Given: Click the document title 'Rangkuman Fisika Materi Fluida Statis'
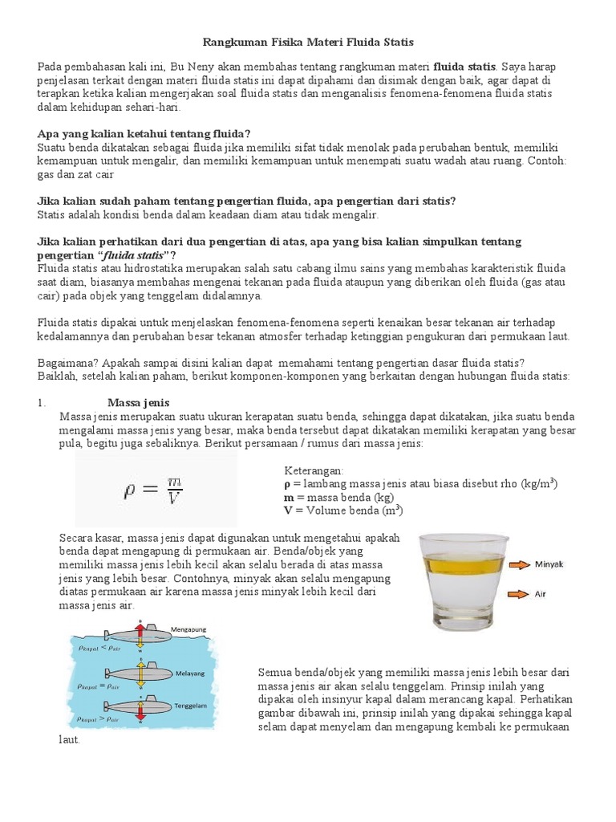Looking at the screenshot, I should (x=307, y=41).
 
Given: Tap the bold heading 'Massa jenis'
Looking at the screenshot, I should (x=138, y=402).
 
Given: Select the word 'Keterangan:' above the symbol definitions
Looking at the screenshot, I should (x=314, y=470).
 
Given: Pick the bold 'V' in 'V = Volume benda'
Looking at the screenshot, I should (x=289, y=511).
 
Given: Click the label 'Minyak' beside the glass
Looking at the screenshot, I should (x=551, y=564).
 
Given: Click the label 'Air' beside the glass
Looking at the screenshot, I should (x=542, y=595).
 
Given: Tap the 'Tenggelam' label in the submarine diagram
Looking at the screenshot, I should (x=188, y=705).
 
